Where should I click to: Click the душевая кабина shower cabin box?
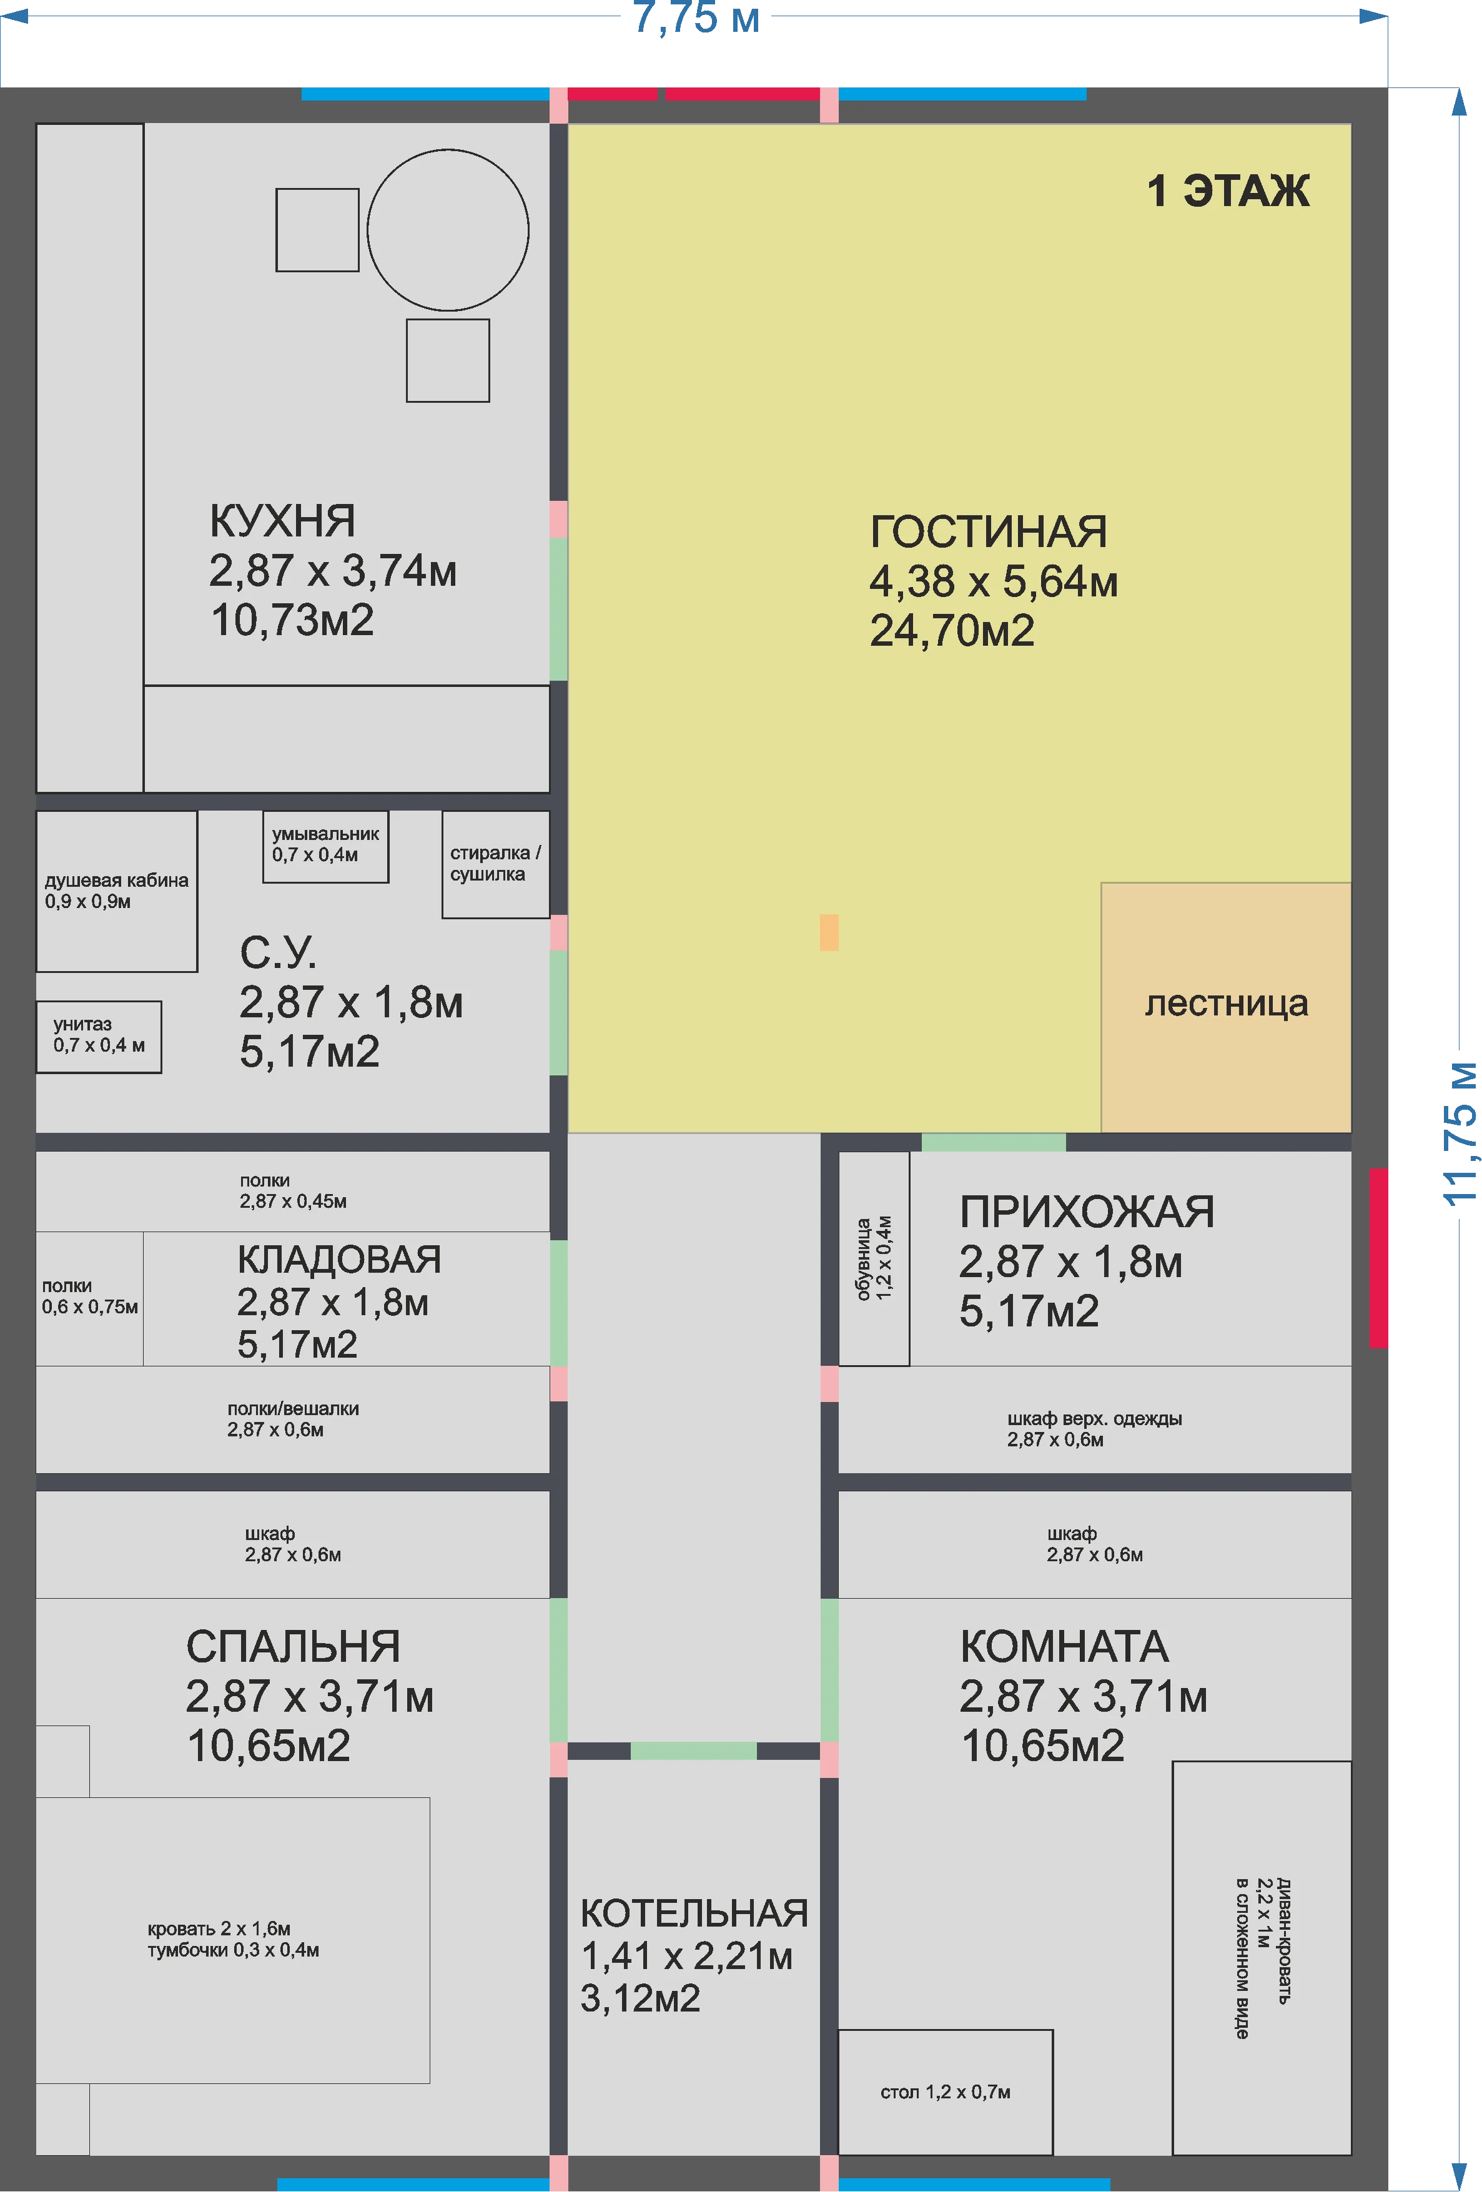tap(116, 891)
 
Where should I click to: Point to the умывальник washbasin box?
tap(325, 846)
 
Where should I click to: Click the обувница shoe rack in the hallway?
tap(874, 1258)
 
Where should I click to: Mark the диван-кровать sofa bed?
tap(1262, 1958)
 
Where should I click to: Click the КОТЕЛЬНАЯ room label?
tap(694, 1913)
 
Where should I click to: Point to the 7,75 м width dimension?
tap(696, 18)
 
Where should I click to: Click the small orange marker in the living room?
tap(829, 933)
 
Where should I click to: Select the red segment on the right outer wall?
tap(1378, 1258)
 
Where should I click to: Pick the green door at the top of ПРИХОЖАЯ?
tap(994, 1142)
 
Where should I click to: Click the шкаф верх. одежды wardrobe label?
tap(1094, 1419)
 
